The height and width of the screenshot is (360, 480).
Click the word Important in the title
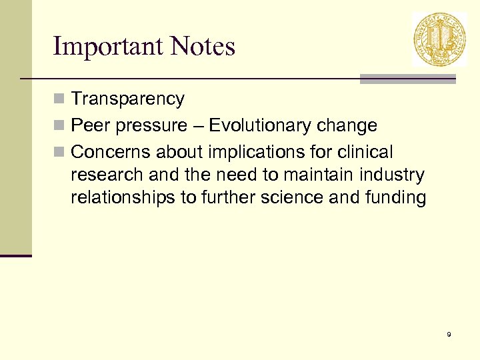coord(107,47)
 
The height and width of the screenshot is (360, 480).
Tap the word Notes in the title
coord(203,47)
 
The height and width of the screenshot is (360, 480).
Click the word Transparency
coord(127,99)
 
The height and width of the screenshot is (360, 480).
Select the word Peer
coord(91,125)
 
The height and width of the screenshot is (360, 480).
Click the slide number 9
coord(449,334)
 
